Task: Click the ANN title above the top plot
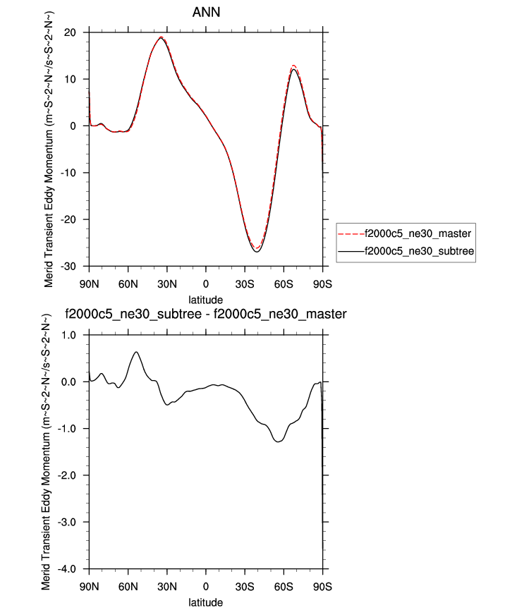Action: (206, 13)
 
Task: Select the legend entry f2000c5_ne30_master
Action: (415, 233)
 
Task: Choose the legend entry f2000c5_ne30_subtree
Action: (415, 250)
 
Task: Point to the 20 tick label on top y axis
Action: (70, 32)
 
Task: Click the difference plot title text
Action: (206, 314)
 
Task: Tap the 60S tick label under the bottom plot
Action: (284, 586)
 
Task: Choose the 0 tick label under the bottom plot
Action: (206, 586)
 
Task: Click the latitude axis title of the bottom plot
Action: (206, 603)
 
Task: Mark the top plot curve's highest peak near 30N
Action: (161, 37)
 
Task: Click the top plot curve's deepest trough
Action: (257, 252)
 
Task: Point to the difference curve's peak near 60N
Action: (136, 352)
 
